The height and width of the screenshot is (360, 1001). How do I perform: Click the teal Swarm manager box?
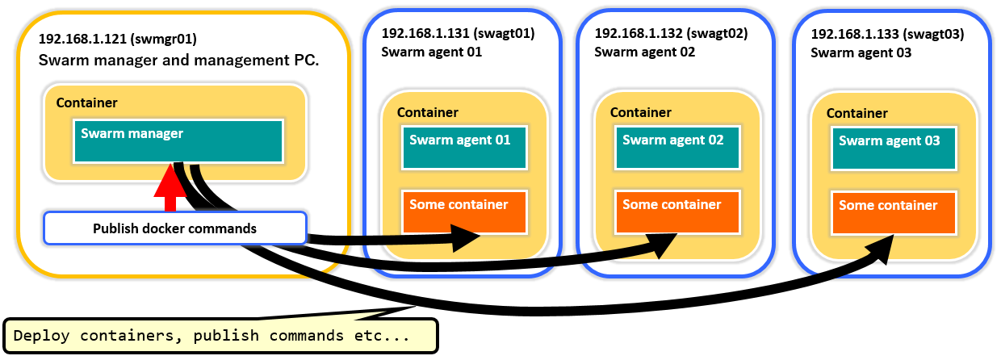coord(178,140)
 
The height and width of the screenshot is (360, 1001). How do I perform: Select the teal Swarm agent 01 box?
coord(464,147)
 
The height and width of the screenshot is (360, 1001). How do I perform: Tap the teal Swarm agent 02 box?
coord(677,147)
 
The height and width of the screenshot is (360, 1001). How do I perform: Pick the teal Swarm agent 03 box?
coord(893,147)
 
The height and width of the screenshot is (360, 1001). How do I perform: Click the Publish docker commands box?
coord(174,228)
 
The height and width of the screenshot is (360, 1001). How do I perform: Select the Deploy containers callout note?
coord(220,336)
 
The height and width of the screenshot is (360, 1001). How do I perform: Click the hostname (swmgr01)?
coord(166,39)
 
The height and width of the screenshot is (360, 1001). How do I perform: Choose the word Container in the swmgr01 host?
coord(87,103)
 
